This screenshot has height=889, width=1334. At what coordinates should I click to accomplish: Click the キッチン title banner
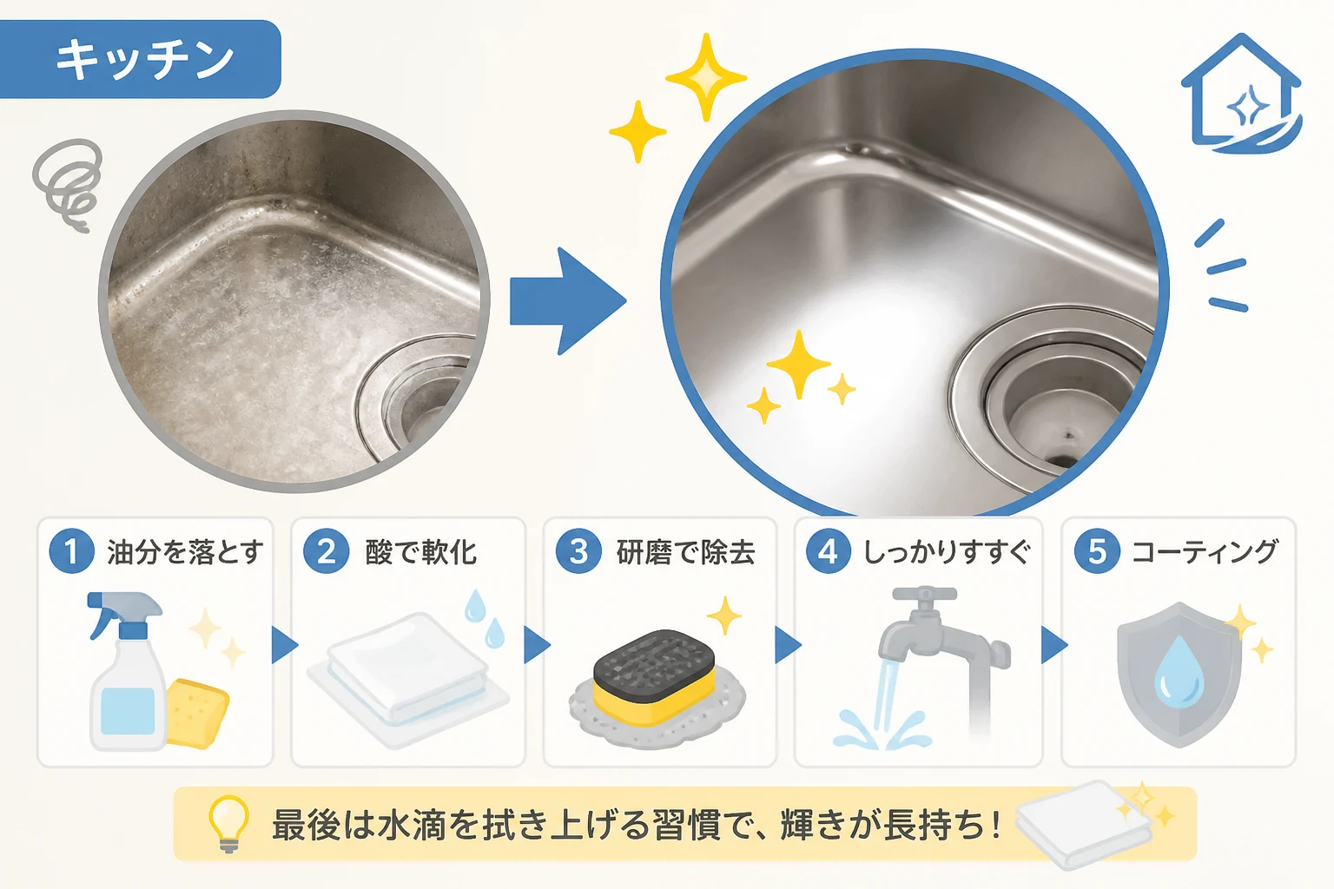coord(140,59)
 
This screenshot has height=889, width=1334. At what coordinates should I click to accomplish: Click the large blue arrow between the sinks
coord(567,301)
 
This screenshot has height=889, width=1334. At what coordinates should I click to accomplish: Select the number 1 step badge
coord(71,550)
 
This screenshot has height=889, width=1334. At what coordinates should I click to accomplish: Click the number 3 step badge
coord(578,550)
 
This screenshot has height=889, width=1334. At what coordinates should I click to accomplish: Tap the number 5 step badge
coord(1097,550)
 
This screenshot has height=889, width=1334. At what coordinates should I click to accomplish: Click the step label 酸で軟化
coord(420,552)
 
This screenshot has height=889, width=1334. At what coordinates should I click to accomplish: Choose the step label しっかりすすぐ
coord(947,552)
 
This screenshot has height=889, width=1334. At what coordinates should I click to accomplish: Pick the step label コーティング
coord(1205,552)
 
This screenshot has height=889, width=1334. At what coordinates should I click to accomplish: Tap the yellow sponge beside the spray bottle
coord(198,713)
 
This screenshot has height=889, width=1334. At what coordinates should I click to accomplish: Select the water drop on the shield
coord(1179,669)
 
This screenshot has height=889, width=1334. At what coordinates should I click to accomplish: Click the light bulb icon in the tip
coord(228,824)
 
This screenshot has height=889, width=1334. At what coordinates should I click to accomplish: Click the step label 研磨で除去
coord(686,552)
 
